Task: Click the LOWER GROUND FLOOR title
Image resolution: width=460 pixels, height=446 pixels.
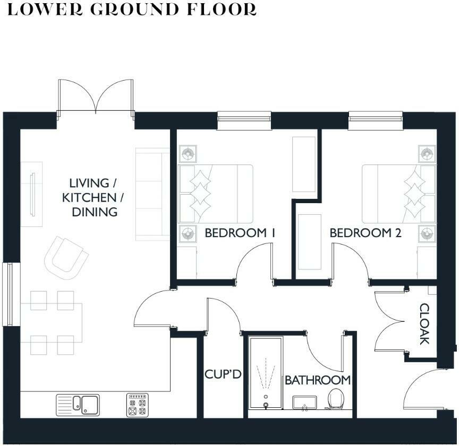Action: (132, 10)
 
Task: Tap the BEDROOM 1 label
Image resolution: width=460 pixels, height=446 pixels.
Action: (240, 233)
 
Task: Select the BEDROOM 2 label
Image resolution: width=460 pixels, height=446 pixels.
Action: (365, 233)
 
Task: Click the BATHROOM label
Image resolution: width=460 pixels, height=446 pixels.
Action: (318, 380)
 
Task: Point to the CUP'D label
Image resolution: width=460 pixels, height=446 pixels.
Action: (223, 374)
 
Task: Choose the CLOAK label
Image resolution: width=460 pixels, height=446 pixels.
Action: (424, 323)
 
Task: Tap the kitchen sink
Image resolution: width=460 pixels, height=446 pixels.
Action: (78, 405)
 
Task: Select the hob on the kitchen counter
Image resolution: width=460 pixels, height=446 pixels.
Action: (138, 405)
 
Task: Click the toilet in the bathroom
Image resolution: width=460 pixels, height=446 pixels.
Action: (336, 399)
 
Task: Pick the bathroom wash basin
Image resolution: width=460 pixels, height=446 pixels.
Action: (304, 403)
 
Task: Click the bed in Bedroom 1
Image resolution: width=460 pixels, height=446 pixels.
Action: (216, 194)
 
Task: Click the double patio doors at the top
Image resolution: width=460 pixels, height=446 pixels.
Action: (96, 98)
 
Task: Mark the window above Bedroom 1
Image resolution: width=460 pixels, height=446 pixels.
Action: (244, 120)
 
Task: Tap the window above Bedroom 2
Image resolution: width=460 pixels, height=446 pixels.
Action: (376, 120)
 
